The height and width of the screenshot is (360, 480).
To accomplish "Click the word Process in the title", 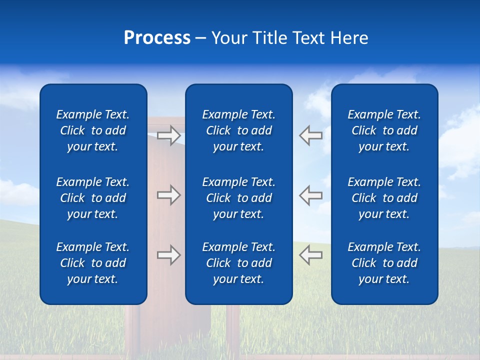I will click(x=157, y=38).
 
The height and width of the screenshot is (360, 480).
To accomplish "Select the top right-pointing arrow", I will click(x=168, y=135).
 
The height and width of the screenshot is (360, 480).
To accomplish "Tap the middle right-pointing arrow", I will click(x=168, y=195).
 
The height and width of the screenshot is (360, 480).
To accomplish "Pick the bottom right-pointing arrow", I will click(x=168, y=255).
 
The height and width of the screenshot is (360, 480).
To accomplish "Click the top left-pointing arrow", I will click(x=311, y=135).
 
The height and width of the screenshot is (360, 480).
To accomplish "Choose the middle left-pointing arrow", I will click(x=311, y=195).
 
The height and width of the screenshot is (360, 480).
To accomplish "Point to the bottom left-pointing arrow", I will click(x=311, y=255).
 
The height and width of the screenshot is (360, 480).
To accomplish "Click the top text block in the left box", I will click(x=93, y=130).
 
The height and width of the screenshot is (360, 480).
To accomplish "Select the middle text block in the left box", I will click(x=93, y=198).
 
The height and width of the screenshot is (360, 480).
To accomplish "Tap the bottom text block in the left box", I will click(x=93, y=263).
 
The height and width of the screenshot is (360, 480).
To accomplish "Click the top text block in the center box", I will click(x=238, y=130).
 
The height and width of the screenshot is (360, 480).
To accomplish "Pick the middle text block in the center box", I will click(x=238, y=198).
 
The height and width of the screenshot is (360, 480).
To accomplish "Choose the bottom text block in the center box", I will click(x=238, y=263).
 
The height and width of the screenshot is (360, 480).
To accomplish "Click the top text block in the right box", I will click(x=384, y=130).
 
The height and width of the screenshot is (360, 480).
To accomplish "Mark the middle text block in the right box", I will click(x=384, y=198).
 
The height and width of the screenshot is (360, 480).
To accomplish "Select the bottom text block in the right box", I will click(x=384, y=263).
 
